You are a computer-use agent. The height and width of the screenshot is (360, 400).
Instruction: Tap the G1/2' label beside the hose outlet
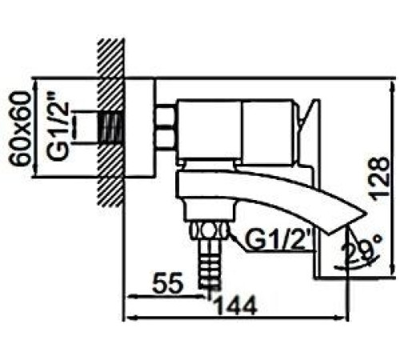277,239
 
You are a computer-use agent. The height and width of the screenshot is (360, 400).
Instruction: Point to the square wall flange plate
140,128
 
